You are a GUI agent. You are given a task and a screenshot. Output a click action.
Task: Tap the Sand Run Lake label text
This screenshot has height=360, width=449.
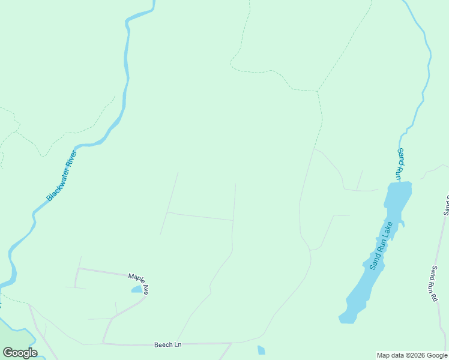pyautogui.click(x=381, y=245)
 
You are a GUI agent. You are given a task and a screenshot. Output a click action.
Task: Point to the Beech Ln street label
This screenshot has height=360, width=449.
pyautogui.click(x=167, y=344)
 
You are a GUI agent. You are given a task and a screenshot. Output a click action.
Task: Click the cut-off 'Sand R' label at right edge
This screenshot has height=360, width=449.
pyautogui.click(x=445, y=205)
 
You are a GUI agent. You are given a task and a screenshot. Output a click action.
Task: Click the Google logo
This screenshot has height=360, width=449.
pyautogui.click(x=20, y=352)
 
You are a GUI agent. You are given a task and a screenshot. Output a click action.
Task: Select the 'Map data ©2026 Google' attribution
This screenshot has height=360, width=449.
pyautogui.click(x=412, y=355)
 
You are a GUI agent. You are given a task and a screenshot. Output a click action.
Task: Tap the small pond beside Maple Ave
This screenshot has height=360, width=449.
pyautogui.click(x=137, y=289)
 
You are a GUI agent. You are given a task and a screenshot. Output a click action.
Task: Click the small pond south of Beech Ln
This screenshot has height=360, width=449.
pyautogui.click(x=261, y=350)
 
